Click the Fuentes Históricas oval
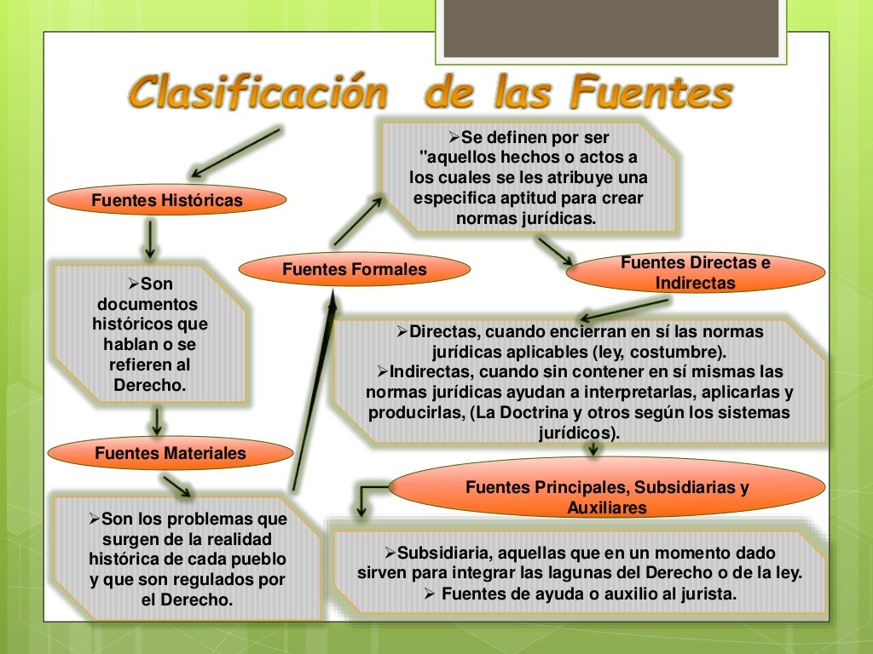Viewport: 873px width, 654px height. tap(166, 201)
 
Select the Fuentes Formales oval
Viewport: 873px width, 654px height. tap(355, 270)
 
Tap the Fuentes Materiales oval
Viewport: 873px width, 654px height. tap(170, 454)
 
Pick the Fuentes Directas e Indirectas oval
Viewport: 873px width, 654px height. tap(695, 272)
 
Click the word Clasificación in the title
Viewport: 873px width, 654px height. tap(256, 93)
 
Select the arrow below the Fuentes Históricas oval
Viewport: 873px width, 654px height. tap(150, 239)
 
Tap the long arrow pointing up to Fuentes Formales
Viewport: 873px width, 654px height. tap(311, 392)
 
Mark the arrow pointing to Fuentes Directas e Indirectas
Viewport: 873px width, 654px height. tap(555, 251)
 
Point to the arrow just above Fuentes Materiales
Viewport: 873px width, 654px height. tap(158, 421)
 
